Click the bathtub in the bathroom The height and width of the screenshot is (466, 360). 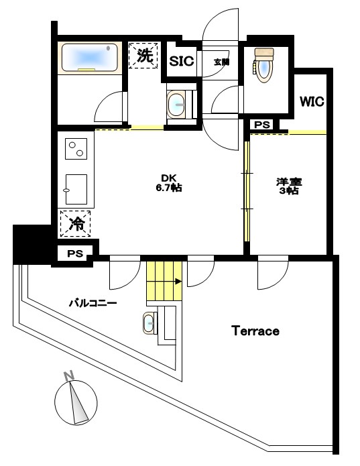pyautogui.click(x=90, y=58)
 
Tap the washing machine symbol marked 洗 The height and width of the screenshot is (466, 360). pyautogui.click(x=143, y=55)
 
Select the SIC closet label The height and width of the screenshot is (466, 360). pyautogui.click(x=182, y=61)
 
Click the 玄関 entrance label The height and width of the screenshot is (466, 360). pyautogui.click(x=222, y=62)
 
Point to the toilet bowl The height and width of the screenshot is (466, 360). pyautogui.click(x=263, y=66)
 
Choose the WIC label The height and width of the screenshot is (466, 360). pyautogui.click(x=312, y=102)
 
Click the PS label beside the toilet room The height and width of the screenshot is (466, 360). pyautogui.click(x=262, y=125)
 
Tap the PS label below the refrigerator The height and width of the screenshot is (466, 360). pyautogui.click(x=75, y=253)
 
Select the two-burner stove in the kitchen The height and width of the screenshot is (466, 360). pyautogui.click(x=76, y=149)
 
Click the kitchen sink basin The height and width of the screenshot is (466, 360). pyautogui.click(x=76, y=189)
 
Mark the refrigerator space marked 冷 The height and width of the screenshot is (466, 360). pyautogui.click(x=75, y=224)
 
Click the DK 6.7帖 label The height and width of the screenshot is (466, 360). pyautogui.click(x=169, y=183)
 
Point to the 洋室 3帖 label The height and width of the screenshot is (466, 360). pyautogui.click(x=289, y=186)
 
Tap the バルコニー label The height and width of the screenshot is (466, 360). pyautogui.click(x=93, y=304)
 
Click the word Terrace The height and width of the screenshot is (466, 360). pyautogui.click(x=255, y=331)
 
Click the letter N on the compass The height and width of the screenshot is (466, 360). pyautogui.click(x=69, y=375)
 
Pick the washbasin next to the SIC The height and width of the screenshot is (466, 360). pyautogui.click(x=176, y=105)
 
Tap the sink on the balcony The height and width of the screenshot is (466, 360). pyautogui.click(x=149, y=323)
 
